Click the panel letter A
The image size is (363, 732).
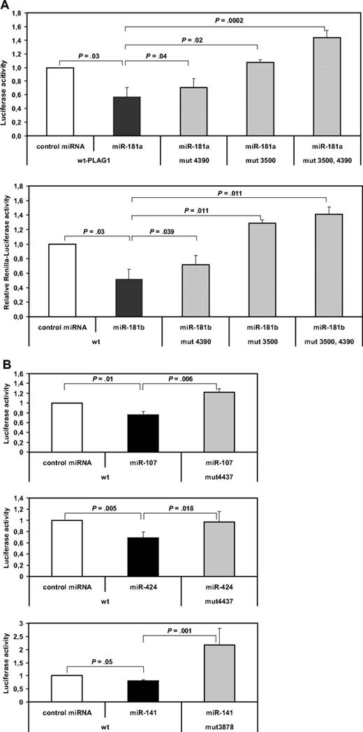(6, 6)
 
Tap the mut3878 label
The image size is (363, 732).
(218, 724)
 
